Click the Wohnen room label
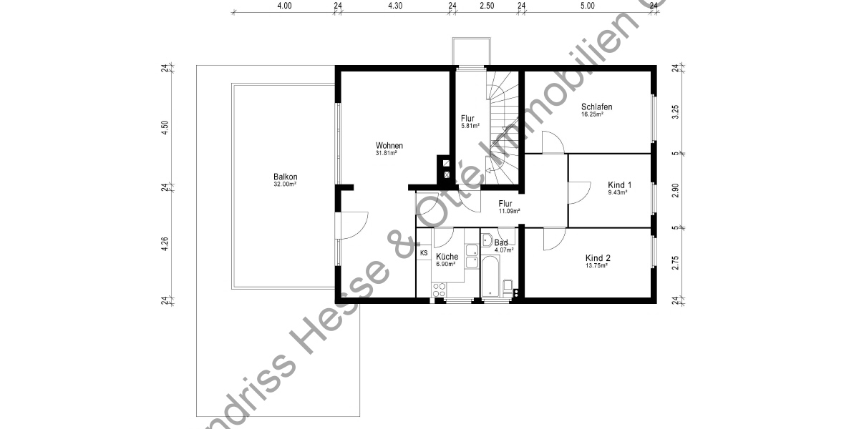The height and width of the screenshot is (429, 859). pos(389,146)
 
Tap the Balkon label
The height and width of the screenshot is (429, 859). pos(285,177)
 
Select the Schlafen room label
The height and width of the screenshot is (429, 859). pos(596,107)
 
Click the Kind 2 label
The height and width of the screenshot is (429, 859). pos(598,258)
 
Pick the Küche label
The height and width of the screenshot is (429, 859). pos(447,257)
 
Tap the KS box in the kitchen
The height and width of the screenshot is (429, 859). pos(424,253)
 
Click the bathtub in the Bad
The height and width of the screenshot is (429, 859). pos(490,278)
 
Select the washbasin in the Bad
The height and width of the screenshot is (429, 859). pos(487,240)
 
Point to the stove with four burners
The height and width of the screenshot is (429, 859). pos(439,289)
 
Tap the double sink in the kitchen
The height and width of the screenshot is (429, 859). pos(471,257)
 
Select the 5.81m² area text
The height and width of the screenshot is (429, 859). pos(470,126)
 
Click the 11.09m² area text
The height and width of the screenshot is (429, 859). pos(509,211)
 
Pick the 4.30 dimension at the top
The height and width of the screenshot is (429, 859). pos(395,6)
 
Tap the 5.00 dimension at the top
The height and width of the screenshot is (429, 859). pos(587,6)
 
